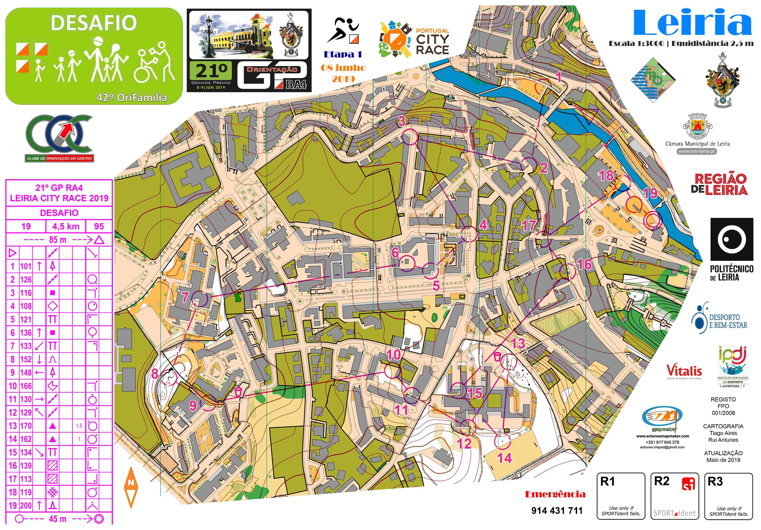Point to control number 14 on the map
pos(504,458)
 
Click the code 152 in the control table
pos(26,359)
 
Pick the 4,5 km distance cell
pos(66,226)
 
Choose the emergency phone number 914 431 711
pos(557,510)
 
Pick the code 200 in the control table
pos(26,505)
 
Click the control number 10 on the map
pos(393,355)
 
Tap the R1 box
pos(621,496)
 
